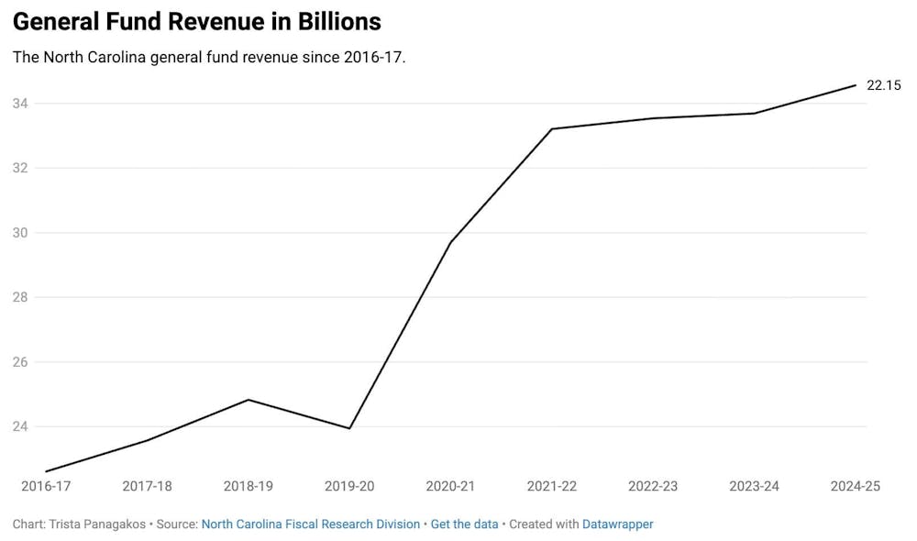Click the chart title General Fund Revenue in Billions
click(196, 22)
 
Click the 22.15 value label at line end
click(884, 85)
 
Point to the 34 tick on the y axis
click(20, 104)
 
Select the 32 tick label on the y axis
click(20, 168)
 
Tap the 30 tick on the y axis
click(20, 233)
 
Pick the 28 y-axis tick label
click(20, 297)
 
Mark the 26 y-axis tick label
click(20, 362)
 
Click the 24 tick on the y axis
click(20, 426)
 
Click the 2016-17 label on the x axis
click(46, 486)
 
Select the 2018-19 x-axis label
click(249, 486)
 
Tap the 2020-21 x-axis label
click(451, 486)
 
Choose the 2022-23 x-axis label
click(653, 486)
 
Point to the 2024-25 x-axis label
click(855, 486)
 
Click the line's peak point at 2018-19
click(249, 400)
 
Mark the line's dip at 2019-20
click(349, 428)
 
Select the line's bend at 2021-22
click(552, 128)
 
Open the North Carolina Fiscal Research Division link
click(311, 524)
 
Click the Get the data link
click(464, 524)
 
